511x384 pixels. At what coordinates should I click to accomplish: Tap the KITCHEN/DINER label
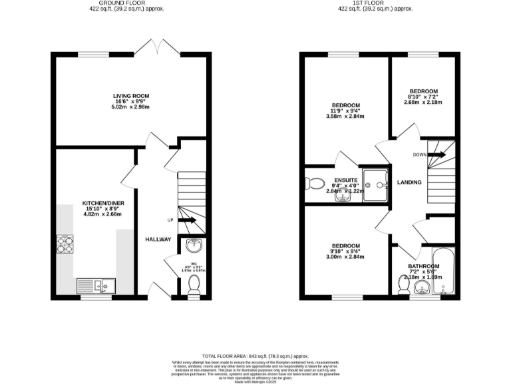[x=102, y=203]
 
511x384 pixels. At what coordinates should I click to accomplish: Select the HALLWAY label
[x=158, y=239]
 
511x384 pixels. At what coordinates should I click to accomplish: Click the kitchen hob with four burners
[x=67, y=245]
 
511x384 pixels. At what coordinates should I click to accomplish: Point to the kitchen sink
[x=96, y=286]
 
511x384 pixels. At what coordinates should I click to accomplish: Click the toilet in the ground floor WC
[x=194, y=285]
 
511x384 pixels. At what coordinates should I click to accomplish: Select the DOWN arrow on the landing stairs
[x=436, y=155]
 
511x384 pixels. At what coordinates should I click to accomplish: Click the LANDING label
[x=409, y=182]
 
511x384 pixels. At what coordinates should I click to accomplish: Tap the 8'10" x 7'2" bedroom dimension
[x=423, y=97]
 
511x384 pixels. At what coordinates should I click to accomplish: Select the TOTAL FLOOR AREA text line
[x=255, y=357]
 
